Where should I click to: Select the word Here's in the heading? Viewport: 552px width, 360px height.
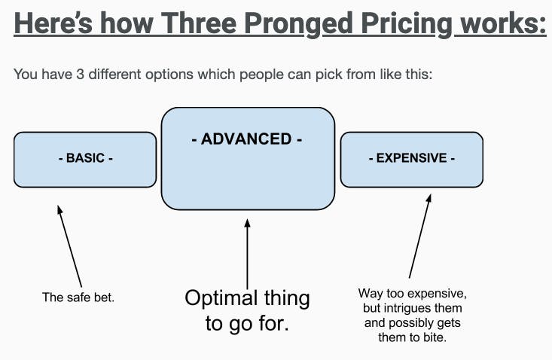tap(53, 23)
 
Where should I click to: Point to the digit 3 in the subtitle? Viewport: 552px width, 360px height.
tap(80, 75)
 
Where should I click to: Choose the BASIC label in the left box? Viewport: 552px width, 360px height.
tap(86, 158)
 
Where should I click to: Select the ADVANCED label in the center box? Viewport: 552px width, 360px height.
tap(247, 139)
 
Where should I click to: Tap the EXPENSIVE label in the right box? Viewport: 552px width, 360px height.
tap(411, 158)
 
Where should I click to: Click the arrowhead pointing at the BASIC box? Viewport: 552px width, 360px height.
tap(59, 209)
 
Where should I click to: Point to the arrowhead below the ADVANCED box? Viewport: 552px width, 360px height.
tap(248, 223)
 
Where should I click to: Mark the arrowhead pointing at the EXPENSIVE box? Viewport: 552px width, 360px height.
tap(428, 198)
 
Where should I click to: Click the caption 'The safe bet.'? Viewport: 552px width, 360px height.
tap(78, 297)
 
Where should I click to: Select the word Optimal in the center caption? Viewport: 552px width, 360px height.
tap(221, 298)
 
